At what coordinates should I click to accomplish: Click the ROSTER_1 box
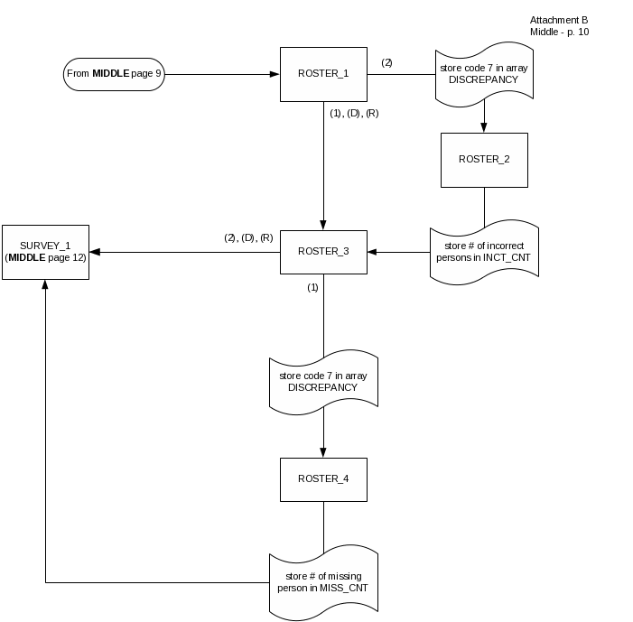tap(323, 73)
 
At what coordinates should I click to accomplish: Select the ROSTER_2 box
tap(484, 160)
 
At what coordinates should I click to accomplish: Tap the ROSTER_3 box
tap(323, 252)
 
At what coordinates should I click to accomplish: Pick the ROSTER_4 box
tap(323, 479)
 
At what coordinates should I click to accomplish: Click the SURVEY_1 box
tap(45, 252)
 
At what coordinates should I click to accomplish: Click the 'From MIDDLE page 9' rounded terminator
tap(114, 73)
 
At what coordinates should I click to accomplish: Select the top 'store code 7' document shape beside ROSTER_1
tap(484, 73)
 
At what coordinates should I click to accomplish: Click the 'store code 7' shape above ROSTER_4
tap(323, 382)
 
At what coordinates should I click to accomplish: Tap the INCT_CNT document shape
tap(484, 252)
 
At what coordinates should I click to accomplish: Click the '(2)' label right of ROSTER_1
tap(386, 62)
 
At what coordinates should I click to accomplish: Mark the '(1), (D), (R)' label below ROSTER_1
tap(354, 114)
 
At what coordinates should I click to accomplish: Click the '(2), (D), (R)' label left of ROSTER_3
tap(248, 238)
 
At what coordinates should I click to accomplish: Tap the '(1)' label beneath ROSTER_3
tap(312, 287)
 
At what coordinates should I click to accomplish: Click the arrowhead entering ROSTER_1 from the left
tap(275, 73)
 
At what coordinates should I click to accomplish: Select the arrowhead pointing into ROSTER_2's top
tap(484, 128)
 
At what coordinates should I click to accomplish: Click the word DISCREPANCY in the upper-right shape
tap(484, 79)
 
